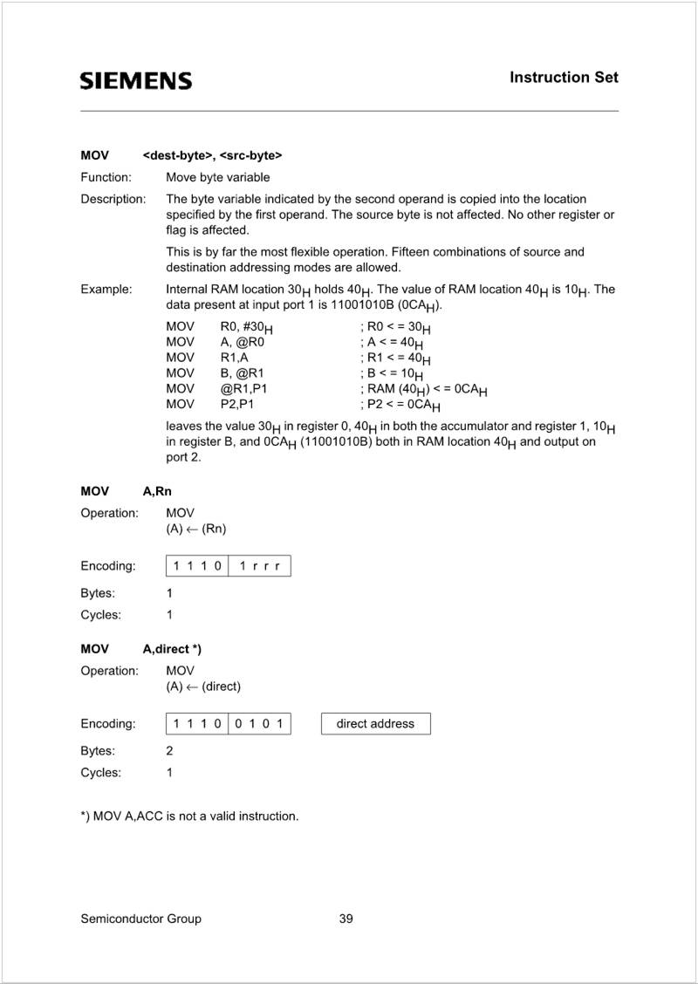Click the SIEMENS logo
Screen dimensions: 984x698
coord(136,81)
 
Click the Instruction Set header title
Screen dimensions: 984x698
coord(564,78)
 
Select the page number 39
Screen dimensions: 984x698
coord(346,919)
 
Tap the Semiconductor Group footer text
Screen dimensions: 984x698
coord(140,919)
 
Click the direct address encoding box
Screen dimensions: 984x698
coord(375,723)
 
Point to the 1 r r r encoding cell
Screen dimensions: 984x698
coord(259,566)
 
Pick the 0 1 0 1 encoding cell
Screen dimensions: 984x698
coord(259,723)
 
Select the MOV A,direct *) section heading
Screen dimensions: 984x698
coord(141,649)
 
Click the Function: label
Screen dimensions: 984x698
coord(106,177)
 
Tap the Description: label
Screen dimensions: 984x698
coord(113,199)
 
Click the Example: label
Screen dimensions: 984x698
coord(106,289)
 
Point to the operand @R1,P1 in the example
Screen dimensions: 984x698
coord(243,389)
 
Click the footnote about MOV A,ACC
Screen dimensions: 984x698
coord(189,817)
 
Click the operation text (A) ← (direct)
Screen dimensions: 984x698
coord(203,687)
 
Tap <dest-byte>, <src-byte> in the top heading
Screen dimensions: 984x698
coord(212,156)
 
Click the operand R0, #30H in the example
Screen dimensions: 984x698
coord(246,327)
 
